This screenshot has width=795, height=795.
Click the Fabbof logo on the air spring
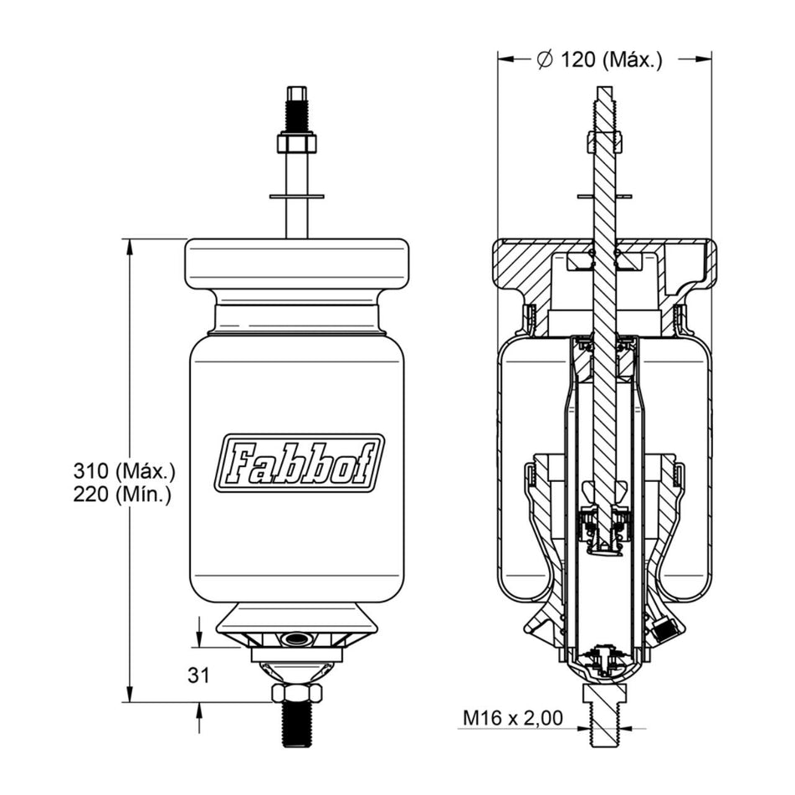(299, 463)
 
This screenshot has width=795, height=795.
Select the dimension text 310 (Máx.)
(124, 471)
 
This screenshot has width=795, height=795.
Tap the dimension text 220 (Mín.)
(122, 495)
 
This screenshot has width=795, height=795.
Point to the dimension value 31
(198, 675)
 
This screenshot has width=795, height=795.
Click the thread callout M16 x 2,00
(513, 718)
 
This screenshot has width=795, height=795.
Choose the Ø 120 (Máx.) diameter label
(600, 59)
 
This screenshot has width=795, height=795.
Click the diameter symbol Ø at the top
(545, 59)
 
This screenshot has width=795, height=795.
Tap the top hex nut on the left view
(296, 143)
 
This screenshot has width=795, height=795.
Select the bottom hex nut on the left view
(297, 693)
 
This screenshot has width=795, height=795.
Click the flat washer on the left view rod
(296, 196)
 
